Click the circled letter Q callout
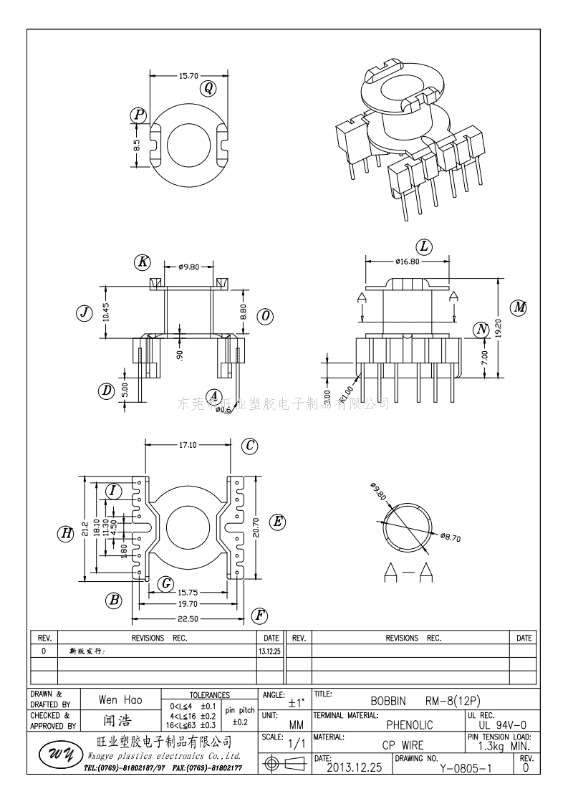click(x=208, y=88)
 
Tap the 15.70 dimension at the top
click(x=188, y=75)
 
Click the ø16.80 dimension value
click(x=407, y=262)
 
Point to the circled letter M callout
click(x=519, y=307)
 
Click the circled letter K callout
click(x=143, y=262)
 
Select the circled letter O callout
click(x=266, y=316)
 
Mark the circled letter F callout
click(x=260, y=616)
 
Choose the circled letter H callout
click(x=66, y=533)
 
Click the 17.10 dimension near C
click(x=188, y=445)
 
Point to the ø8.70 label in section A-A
click(x=450, y=536)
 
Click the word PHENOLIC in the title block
click(x=410, y=725)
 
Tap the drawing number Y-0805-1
click(x=466, y=768)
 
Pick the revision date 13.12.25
click(x=270, y=651)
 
